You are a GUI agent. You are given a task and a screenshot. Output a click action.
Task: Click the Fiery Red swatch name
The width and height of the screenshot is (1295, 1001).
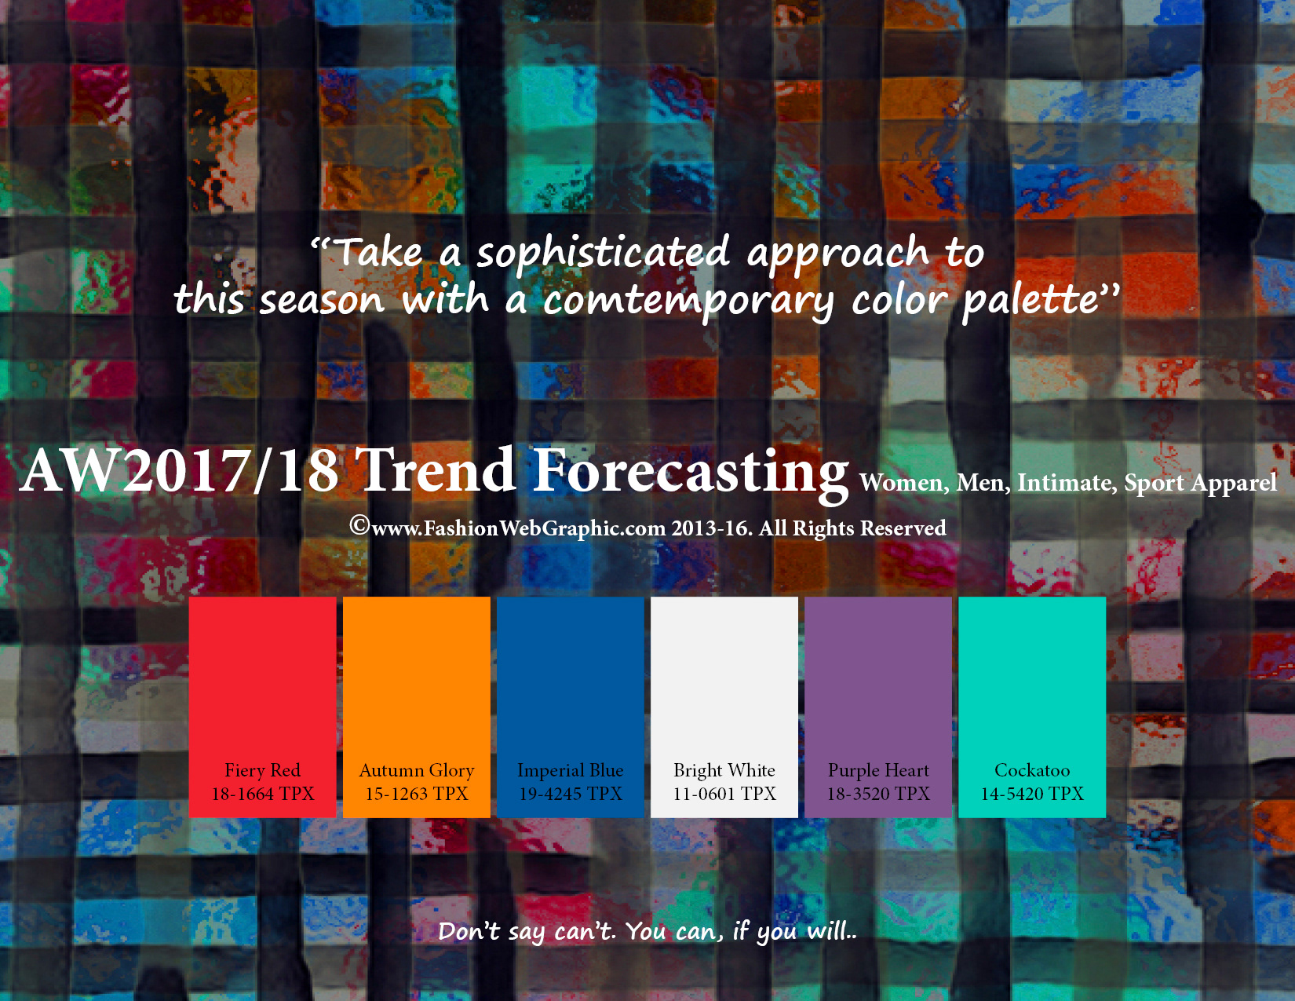[262, 770]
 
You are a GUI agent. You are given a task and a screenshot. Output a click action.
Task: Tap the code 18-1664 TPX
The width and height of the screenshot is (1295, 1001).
[263, 794]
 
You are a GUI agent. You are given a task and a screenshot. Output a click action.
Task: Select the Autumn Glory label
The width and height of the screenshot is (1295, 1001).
[417, 771]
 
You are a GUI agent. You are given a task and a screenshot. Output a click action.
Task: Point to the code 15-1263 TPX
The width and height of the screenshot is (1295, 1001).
[417, 794]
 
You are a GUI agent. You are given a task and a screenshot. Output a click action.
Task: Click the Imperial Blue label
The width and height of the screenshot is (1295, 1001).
[571, 771]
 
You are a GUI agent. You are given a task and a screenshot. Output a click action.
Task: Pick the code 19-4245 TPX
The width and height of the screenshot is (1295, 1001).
[571, 794]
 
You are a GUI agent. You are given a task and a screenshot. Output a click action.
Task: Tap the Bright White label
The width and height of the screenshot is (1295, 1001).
[724, 771]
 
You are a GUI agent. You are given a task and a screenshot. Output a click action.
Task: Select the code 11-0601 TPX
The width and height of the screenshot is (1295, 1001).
[724, 794]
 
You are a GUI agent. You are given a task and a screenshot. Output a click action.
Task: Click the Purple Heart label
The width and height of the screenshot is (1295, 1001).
[878, 771]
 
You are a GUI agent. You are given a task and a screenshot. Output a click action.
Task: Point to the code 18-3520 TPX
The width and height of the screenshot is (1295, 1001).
[878, 794]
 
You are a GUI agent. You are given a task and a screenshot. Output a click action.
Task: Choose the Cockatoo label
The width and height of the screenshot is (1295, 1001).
[1032, 770]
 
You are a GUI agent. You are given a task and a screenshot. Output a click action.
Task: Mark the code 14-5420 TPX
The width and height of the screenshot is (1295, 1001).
[1032, 794]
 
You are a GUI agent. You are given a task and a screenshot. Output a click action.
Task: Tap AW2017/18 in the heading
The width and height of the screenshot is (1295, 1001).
[179, 471]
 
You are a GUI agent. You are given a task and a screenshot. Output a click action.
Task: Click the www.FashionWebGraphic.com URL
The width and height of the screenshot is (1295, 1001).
[519, 529]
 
